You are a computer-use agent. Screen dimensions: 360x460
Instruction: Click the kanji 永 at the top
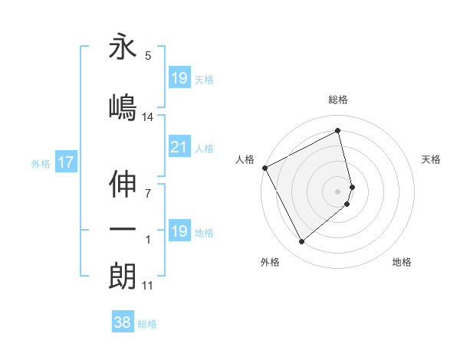click(x=123, y=48)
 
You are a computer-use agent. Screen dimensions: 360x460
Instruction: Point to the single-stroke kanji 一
click(x=123, y=231)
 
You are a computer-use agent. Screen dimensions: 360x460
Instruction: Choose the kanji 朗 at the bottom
click(x=123, y=276)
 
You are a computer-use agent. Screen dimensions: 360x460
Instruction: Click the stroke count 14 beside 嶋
click(x=148, y=117)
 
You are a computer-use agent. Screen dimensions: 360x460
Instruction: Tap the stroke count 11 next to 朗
click(x=148, y=286)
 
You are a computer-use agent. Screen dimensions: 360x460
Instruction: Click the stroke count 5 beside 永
click(x=148, y=56)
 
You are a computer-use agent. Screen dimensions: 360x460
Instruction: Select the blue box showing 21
click(x=179, y=148)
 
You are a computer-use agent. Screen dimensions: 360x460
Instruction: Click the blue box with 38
click(x=123, y=323)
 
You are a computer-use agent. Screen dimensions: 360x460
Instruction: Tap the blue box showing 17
click(x=66, y=162)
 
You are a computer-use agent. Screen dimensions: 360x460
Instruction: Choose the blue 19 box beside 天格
click(x=179, y=78)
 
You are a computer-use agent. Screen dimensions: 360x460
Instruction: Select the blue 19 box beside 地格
click(x=179, y=232)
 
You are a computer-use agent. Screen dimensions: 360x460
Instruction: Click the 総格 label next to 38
click(x=147, y=324)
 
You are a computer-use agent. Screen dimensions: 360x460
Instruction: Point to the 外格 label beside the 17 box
click(x=41, y=163)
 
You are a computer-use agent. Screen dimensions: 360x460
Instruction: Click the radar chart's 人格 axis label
click(x=245, y=159)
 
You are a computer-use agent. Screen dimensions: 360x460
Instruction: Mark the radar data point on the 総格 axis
click(x=338, y=132)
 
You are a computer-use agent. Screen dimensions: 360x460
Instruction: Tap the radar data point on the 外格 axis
click(x=301, y=242)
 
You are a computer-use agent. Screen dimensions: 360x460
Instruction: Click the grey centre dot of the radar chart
click(x=338, y=190)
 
